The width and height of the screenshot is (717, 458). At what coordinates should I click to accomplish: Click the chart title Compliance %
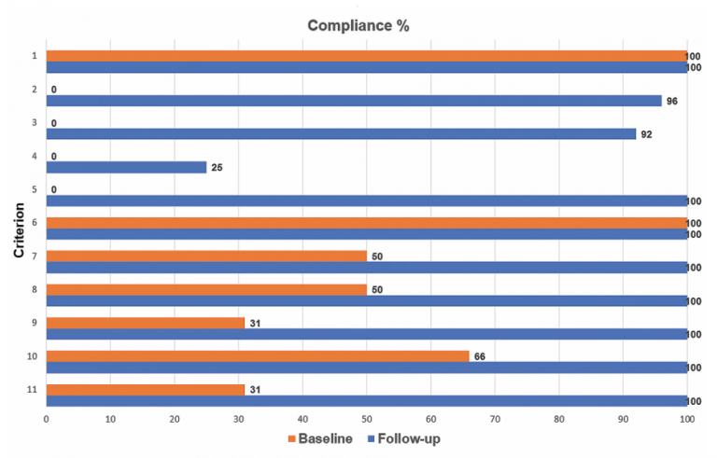[358, 25]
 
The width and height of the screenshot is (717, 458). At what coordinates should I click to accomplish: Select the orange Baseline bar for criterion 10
[257, 356]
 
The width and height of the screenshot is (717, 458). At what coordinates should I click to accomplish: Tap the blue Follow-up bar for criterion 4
[126, 168]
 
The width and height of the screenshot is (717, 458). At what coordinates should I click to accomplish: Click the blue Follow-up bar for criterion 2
[353, 101]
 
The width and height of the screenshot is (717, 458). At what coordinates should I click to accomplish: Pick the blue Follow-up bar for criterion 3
[341, 134]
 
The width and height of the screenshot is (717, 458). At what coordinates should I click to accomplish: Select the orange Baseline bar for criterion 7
[205, 256]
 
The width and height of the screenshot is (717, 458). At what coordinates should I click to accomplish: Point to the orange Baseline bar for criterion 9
[145, 323]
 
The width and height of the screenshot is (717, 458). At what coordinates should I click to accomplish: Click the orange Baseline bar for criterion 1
[366, 56]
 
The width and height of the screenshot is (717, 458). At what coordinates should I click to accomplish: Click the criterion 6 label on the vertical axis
[34, 223]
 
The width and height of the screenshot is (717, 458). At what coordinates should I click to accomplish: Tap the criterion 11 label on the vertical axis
[32, 390]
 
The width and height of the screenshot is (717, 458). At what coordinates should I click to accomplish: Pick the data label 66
[480, 356]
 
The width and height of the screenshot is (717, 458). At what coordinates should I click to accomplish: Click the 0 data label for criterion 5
[54, 189]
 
